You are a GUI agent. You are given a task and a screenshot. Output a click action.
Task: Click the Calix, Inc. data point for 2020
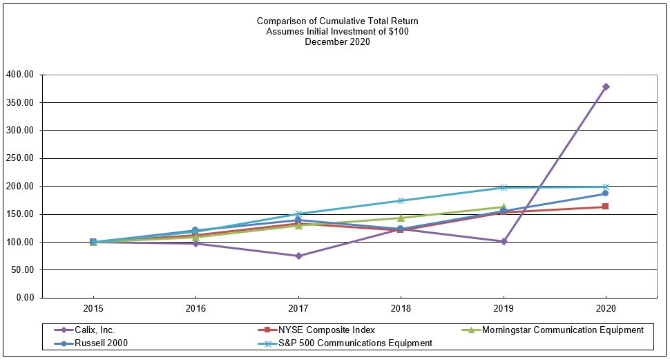click(606, 86)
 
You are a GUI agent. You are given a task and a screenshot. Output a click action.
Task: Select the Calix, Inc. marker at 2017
click(298, 256)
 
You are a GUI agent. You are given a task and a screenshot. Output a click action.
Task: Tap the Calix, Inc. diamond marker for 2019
click(504, 241)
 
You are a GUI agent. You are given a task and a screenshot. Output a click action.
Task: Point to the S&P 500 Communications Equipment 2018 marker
click(401, 200)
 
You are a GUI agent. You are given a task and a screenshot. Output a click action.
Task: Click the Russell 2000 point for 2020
click(606, 193)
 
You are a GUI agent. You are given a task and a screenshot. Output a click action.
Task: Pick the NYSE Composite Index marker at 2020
click(606, 207)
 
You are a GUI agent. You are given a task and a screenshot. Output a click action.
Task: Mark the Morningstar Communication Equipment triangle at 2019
click(504, 207)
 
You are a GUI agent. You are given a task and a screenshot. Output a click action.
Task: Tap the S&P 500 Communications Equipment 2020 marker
click(606, 187)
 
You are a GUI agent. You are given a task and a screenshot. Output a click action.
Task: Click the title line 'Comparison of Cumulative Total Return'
click(337, 21)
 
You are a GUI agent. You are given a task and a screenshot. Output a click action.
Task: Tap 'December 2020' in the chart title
click(337, 41)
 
